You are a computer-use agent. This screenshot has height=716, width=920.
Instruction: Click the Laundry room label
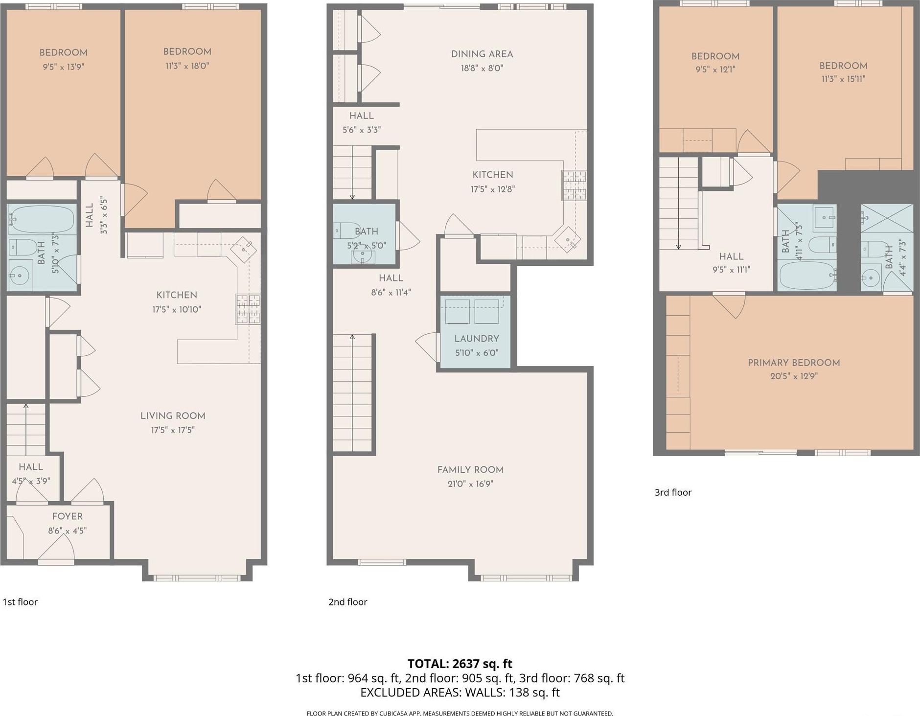pos(476,338)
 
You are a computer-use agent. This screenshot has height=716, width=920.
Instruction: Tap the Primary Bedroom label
pos(793,362)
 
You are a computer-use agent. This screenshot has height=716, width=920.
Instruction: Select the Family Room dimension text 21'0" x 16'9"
pos(470,484)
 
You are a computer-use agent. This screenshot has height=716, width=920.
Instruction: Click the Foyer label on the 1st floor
pos(68,516)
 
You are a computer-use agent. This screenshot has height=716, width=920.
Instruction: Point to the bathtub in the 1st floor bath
pos(41,219)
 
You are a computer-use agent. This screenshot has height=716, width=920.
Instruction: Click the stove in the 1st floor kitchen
pos(248,309)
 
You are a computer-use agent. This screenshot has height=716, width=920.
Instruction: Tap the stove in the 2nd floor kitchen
pos(574,185)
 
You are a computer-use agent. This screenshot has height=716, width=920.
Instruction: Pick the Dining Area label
pos(482,54)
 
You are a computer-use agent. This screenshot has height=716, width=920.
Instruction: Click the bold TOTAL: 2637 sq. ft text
pos(460,664)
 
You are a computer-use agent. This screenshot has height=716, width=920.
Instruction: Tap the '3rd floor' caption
pos(673,492)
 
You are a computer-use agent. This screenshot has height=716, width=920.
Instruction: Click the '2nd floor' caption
pos(347,602)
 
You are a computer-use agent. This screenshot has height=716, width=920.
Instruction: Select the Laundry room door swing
pos(427,345)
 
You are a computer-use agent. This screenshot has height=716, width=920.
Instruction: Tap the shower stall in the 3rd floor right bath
pos(887,218)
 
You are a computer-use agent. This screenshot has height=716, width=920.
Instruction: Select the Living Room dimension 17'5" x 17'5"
pos(173,430)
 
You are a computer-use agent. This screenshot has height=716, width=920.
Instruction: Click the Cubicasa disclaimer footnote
pos(460,713)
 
